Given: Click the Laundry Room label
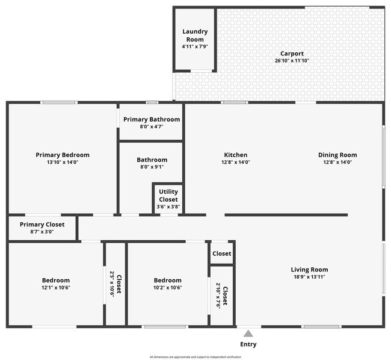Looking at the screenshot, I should tap(195, 36).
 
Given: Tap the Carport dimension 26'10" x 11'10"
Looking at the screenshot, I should tap(291, 61).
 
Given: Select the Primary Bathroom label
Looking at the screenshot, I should tap(152, 119).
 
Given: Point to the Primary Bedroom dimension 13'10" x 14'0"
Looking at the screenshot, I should tap(63, 162).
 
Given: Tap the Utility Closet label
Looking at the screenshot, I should tap(168, 196).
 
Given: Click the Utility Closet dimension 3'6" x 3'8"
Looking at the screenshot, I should tap(168, 207).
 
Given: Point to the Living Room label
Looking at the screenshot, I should tap(309, 269).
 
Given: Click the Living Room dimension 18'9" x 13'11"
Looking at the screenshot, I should tap(309, 277).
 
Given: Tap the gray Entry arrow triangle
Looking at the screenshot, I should tap(248, 333).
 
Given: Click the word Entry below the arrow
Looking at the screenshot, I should tap(248, 344).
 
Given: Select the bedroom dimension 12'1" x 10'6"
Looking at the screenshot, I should tap(56, 288).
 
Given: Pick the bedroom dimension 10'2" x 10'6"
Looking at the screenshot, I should tap(167, 288).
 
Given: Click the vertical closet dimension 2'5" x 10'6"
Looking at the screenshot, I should tap(112, 283).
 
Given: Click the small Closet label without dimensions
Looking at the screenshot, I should tap(221, 253).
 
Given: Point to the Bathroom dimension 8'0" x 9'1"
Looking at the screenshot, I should tap(152, 167).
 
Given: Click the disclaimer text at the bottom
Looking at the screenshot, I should tap(195, 356).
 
